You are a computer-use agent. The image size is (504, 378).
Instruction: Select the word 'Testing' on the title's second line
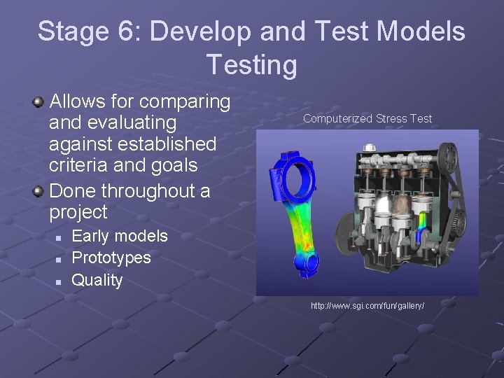click(x=251, y=65)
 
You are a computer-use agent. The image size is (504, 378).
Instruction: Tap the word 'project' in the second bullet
click(x=78, y=212)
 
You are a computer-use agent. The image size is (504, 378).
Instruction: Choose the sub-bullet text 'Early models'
click(x=120, y=236)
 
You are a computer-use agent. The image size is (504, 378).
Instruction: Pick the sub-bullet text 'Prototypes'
click(x=111, y=258)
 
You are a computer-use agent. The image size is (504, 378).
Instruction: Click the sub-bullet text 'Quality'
click(x=97, y=280)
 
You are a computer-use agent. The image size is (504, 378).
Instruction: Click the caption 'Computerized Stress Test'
click(x=367, y=119)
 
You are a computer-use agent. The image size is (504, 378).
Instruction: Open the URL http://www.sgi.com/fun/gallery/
click(x=367, y=307)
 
